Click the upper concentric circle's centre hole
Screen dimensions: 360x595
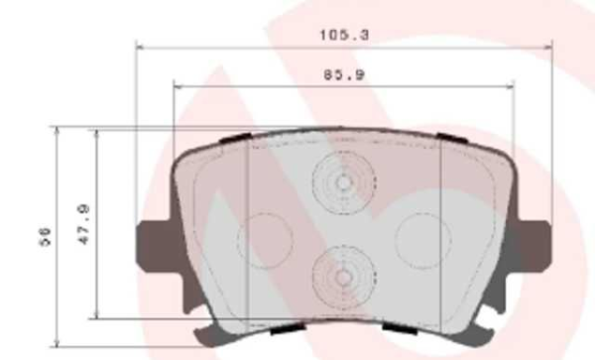tap(343, 183)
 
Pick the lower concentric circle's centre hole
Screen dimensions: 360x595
tap(343, 277)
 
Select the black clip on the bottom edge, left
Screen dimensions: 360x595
tap(286, 326)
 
